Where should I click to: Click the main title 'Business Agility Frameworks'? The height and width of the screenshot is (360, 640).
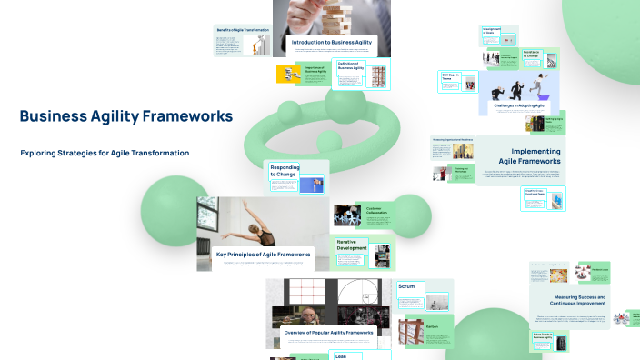pyautogui.click(x=125, y=116)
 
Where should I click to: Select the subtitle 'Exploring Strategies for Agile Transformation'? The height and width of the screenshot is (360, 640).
pyautogui.click(x=105, y=153)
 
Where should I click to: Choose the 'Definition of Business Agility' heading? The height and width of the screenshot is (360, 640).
pyautogui.click(x=351, y=65)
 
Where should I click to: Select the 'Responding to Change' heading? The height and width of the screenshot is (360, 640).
pyautogui.click(x=285, y=170)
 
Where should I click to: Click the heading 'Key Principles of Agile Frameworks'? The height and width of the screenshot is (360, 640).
pyautogui.click(x=264, y=255)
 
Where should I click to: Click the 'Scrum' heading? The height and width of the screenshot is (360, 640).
pyautogui.click(x=406, y=286)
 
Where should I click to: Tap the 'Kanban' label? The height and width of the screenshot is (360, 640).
pyautogui.click(x=407, y=325)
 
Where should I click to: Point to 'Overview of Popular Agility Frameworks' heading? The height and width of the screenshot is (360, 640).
pyautogui.click(x=328, y=333)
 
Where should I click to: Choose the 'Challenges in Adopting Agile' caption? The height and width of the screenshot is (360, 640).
pyautogui.click(x=515, y=106)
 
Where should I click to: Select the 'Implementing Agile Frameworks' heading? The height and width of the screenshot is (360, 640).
pyautogui.click(x=535, y=155)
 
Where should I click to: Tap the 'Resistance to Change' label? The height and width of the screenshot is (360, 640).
pyautogui.click(x=532, y=55)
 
